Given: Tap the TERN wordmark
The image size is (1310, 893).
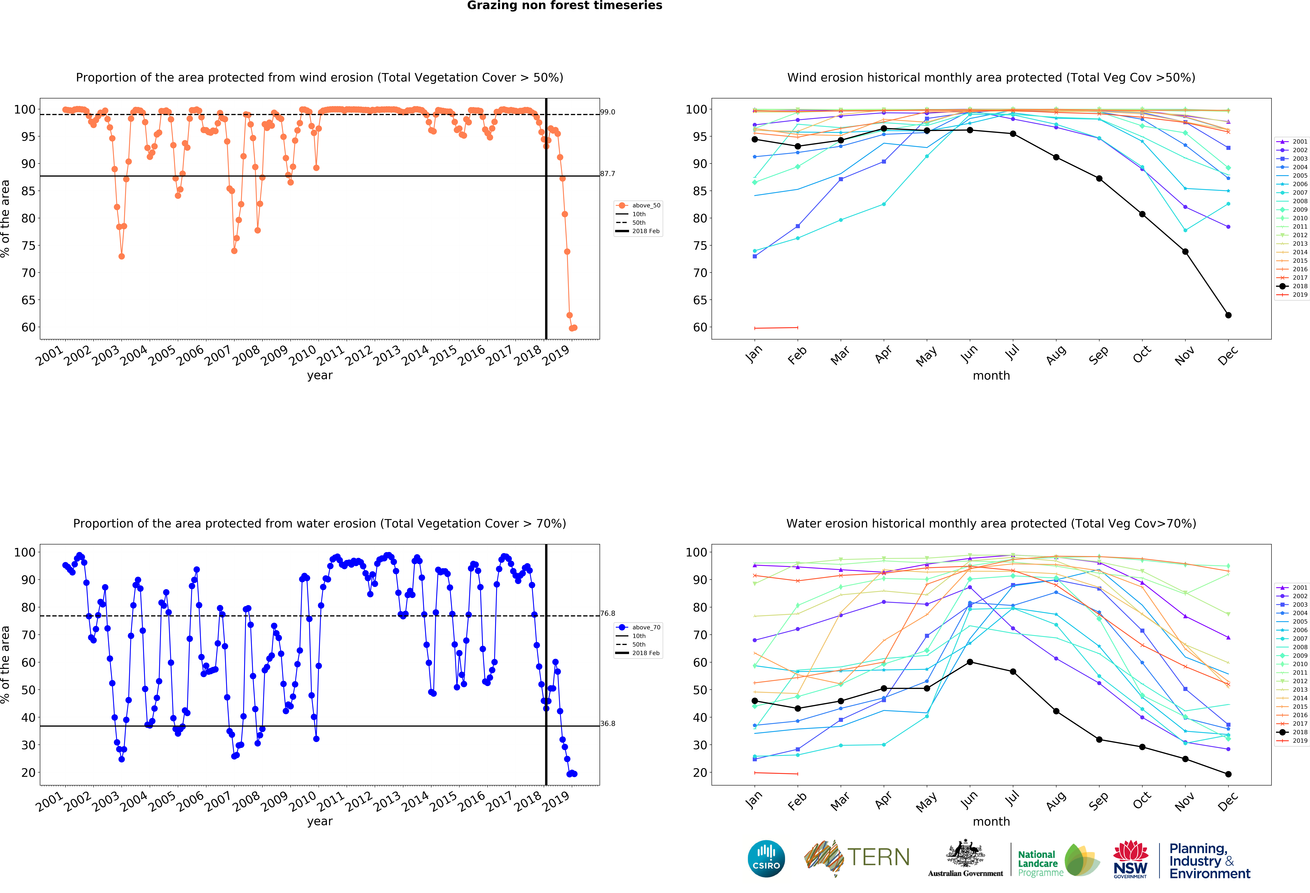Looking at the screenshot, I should tap(878, 857).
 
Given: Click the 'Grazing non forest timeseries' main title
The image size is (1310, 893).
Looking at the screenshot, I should tap(564, 6).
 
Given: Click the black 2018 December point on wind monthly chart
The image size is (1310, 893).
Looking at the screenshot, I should tap(1228, 315).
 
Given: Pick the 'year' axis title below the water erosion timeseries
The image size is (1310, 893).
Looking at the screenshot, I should tap(320, 821).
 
